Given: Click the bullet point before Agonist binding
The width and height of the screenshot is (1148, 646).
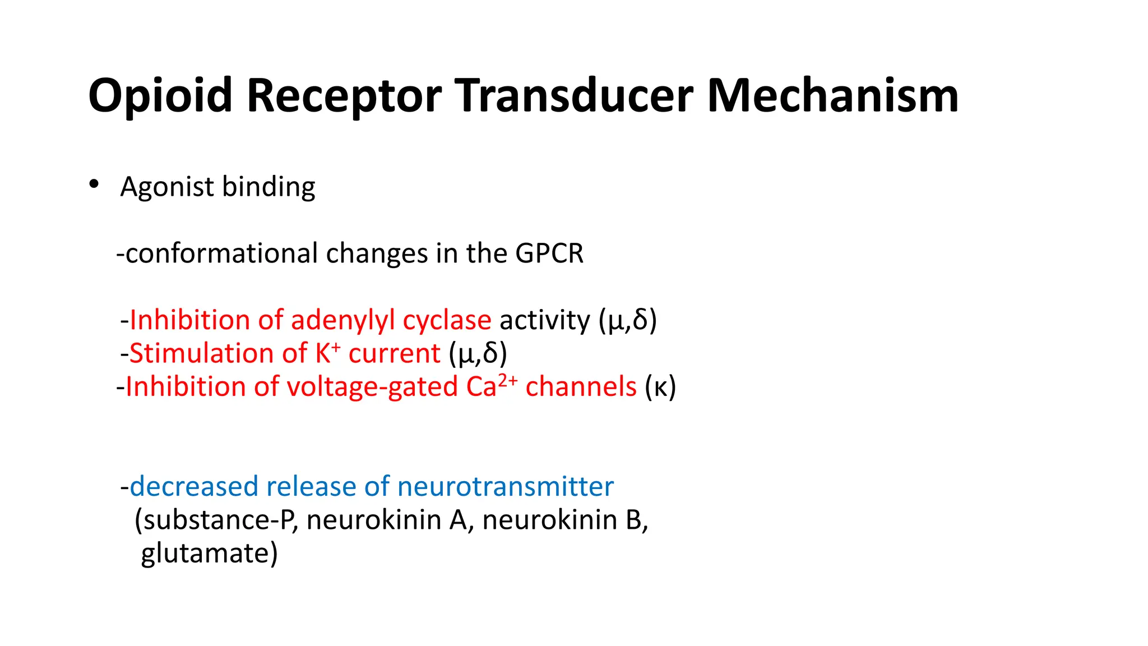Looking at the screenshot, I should coord(94,184).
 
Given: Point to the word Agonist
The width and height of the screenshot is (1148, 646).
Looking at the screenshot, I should coord(167,187).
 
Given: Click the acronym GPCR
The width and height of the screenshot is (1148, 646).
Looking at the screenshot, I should coord(549,253).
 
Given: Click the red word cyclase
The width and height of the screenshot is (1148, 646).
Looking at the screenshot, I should coord(447,321).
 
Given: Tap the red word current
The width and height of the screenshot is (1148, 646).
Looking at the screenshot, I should coord(394,354).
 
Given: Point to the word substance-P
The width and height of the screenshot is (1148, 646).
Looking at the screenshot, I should coord(219,520).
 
